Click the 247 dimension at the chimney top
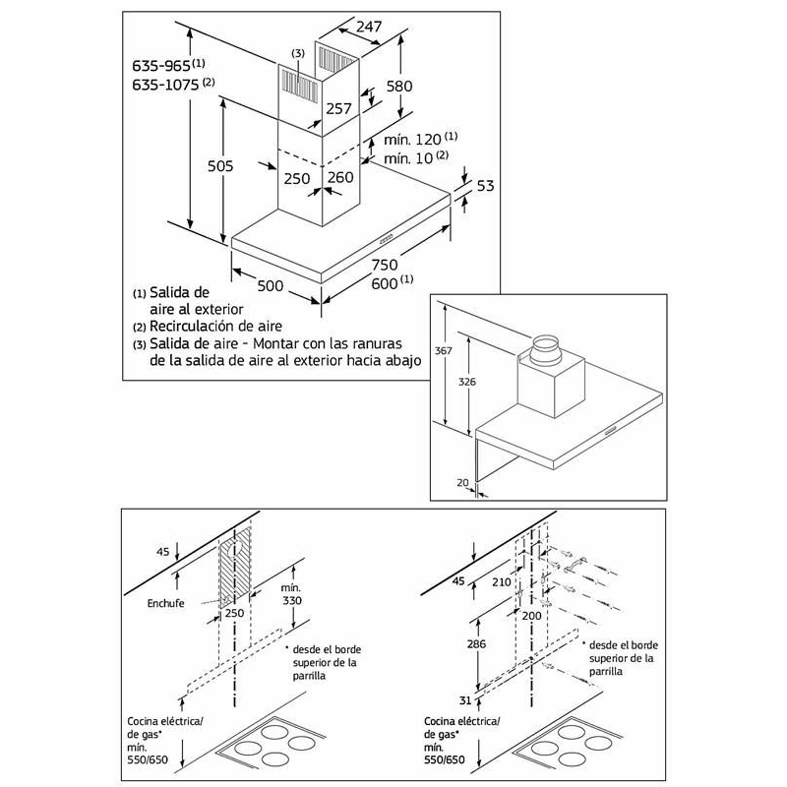369,28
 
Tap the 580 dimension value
398,87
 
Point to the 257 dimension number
338,108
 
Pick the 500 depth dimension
271,285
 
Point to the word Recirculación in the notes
197,326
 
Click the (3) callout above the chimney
298,51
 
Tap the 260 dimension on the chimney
340,178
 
